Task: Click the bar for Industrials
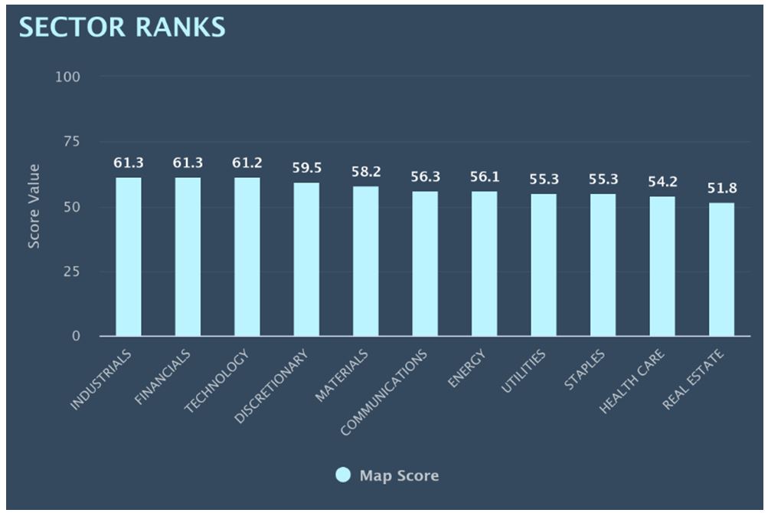tap(129, 257)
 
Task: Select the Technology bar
tap(247, 257)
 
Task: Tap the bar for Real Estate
tap(721, 269)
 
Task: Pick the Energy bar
tap(484, 264)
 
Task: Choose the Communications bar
tap(425, 264)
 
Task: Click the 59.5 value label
tap(306, 168)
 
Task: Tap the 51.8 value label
tap(721, 188)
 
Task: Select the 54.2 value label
tap(662, 182)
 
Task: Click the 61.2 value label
tap(247, 163)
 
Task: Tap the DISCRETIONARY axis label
tap(273, 388)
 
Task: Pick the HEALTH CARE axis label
tap(632, 381)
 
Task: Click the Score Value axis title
tap(34, 206)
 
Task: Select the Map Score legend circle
tap(344, 475)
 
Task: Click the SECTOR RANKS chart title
tap(123, 26)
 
